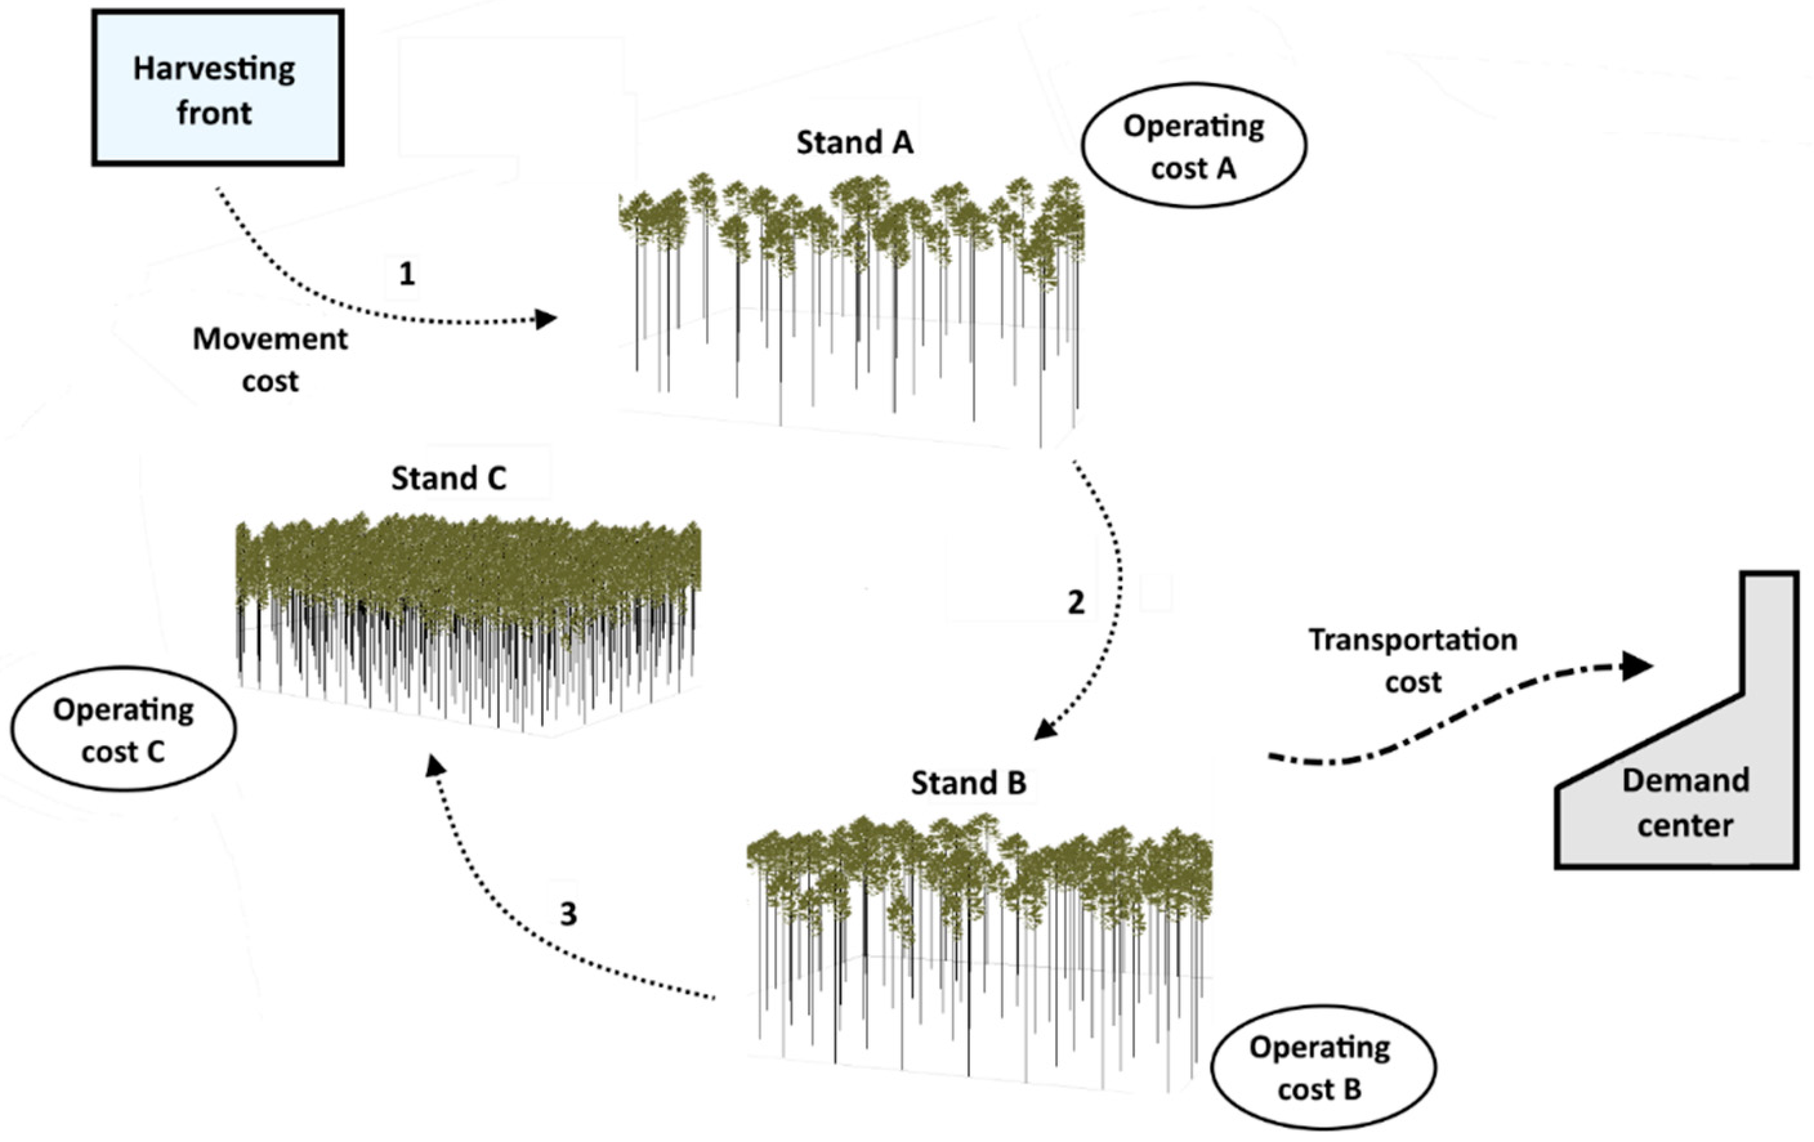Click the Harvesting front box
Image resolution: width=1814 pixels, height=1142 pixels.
point(218,88)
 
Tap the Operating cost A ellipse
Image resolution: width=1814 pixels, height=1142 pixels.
point(1193,146)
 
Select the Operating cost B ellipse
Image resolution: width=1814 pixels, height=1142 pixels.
point(1323,1067)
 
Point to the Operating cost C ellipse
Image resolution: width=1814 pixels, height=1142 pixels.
point(124,728)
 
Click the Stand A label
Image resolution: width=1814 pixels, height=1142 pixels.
point(854,142)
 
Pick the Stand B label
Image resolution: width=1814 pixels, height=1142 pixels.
point(968,783)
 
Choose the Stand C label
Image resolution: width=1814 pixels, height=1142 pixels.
point(448,479)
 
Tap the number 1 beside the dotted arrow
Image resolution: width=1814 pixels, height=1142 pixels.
point(406,274)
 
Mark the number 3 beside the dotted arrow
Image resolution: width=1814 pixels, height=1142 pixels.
point(568,914)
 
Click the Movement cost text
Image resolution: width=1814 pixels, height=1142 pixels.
point(270,359)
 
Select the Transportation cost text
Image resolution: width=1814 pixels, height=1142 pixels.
point(1413,660)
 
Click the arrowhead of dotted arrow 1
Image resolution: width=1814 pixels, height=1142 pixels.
point(546,319)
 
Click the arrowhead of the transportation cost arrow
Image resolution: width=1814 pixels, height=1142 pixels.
point(1636,666)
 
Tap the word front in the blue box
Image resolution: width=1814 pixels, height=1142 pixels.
point(214,113)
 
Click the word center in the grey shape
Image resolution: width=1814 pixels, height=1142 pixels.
point(1685,826)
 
